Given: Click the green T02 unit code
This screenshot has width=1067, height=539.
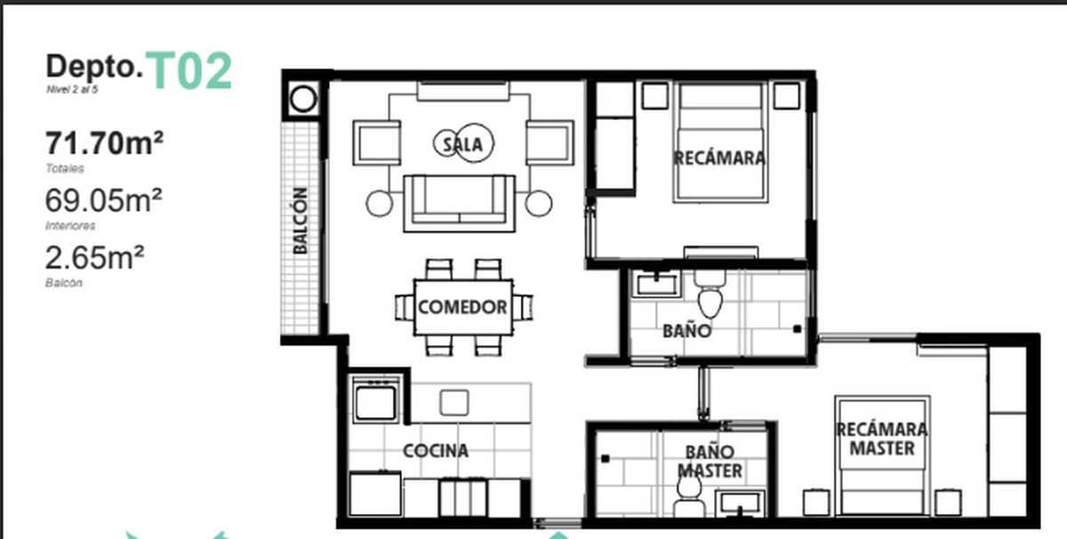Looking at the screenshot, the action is [x=189, y=70].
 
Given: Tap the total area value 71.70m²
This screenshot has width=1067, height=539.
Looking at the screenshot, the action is [x=104, y=143].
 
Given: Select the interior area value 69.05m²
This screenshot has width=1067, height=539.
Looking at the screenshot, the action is [x=104, y=200].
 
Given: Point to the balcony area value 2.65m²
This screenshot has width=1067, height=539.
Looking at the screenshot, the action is [x=94, y=257].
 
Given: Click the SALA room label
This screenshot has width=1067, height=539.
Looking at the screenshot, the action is [x=462, y=145].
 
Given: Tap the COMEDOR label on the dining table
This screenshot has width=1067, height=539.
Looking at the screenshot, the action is [x=462, y=307].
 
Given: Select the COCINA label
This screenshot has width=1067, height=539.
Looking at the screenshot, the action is [x=436, y=451].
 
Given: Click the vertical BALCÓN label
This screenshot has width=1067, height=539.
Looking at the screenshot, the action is [x=301, y=221].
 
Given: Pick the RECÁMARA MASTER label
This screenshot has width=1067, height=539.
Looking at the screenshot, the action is [x=882, y=438].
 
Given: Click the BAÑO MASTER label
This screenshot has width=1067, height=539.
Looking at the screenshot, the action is [x=710, y=462].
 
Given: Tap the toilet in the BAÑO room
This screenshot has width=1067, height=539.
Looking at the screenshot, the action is [x=710, y=294].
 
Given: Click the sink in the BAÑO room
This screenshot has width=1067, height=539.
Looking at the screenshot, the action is [x=657, y=285].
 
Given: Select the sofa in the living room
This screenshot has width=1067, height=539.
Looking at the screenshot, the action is [x=459, y=204].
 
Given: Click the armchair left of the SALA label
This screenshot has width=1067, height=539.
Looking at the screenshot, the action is [x=377, y=143].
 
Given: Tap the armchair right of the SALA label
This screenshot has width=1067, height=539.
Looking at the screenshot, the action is [x=550, y=143].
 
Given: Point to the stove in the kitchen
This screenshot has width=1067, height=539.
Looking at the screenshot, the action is [x=376, y=399].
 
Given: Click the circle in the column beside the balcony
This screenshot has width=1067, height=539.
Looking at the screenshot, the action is [x=303, y=99].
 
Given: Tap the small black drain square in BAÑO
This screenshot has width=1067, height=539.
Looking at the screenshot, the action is [x=797, y=329].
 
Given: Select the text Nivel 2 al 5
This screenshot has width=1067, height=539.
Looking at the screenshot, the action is [x=72, y=90].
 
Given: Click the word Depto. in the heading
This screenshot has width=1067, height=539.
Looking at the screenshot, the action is [x=94, y=67].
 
